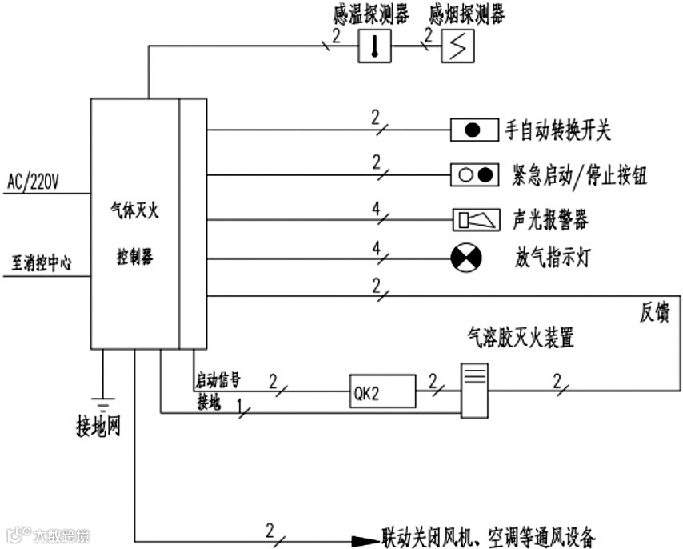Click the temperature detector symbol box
[x=373, y=45]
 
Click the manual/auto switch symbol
[x=473, y=130]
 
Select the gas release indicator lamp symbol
[x=464, y=258]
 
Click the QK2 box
[x=382, y=392]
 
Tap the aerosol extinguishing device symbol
[x=474, y=390]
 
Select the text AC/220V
[x=33, y=182]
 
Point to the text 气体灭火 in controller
[x=134, y=211]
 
